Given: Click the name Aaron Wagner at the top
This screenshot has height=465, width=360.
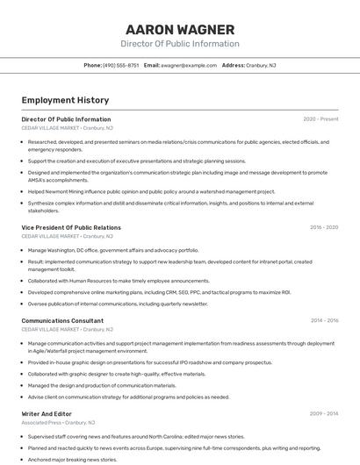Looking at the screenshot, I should [x=180, y=29].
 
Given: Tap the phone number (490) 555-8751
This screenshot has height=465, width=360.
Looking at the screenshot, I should [x=120, y=65].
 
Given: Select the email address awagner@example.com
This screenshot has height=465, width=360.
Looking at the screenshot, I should [x=189, y=65].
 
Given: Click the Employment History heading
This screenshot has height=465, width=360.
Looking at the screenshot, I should [x=65, y=101].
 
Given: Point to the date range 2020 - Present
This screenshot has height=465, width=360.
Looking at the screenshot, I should [x=320, y=119].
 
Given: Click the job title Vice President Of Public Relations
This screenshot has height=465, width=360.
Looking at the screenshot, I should [x=71, y=227].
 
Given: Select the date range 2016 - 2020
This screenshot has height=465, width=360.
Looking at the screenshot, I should [x=323, y=227].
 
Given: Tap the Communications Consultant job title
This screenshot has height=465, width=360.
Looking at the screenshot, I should [x=62, y=321].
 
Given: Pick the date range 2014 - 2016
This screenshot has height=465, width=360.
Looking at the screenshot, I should [x=324, y=321].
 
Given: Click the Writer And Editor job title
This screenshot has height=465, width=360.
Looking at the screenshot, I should [x=47, y=414].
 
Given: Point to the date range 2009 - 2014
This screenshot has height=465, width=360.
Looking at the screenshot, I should [x=323, y=414].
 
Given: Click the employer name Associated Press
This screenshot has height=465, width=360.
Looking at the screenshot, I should [x=40, y=423].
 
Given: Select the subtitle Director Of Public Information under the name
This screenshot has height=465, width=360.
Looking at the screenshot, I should [x=180, y=44].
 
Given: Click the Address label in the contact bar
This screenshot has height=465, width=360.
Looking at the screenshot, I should [x=233, y=65].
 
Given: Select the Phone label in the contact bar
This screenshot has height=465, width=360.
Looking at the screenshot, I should [x=92, y=65].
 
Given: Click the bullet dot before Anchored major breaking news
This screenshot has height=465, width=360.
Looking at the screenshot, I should [x=23, y=459].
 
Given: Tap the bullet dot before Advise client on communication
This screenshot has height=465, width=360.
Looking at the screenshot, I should [x=23, y=397].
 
